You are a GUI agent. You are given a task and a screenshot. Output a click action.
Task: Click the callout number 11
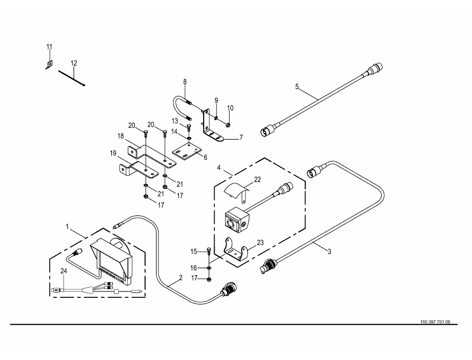pyautogui.click(x=49, y=47)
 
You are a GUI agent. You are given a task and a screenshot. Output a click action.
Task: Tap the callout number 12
pyautogui.click(x=74, y=63)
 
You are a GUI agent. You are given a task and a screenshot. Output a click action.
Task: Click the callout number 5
pyautogui.click(x=297, y=87)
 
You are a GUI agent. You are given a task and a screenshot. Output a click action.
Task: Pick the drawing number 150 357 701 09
pyautogui.click(x=435, y=322)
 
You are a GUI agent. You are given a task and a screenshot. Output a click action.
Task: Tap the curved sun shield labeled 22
pyautogui.click(x=236, y=190)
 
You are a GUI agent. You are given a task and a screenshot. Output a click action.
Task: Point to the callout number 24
pyautogui.click(x=64, y=271)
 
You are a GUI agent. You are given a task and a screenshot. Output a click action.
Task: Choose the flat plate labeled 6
pyautogui.click(x=187, y=152)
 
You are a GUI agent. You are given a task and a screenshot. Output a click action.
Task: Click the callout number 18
pyautogui.click(x=120, y=136)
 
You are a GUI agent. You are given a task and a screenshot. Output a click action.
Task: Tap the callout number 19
pyautogui.click(x=113, y=154)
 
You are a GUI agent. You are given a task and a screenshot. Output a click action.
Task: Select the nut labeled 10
pyautogui.click(x=228, y=125)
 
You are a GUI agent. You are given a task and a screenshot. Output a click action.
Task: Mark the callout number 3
pyautogui.click(x=329, y=251)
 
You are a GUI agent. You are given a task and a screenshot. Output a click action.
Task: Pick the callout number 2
pyautogui.click(x=181, y=278)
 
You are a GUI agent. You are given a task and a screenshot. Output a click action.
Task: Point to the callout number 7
pyautogui.click(x=241, y=138)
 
